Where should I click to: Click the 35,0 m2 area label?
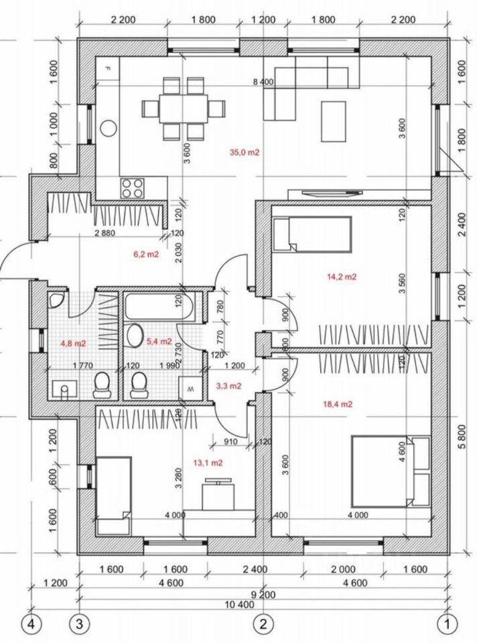[x=244, y=153]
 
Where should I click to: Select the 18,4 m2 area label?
[x=338, y=404]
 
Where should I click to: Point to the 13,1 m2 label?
[x=208, y=462]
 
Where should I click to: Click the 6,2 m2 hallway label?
[x=146, y=255]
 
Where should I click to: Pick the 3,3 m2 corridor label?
[x=229, y=386]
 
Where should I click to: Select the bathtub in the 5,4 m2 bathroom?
[x=161, y=307]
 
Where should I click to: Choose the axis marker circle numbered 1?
[x=448, y=624]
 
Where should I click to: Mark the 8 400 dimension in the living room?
[x=262, y=82]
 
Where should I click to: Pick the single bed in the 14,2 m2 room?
[x=314, y=234]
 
